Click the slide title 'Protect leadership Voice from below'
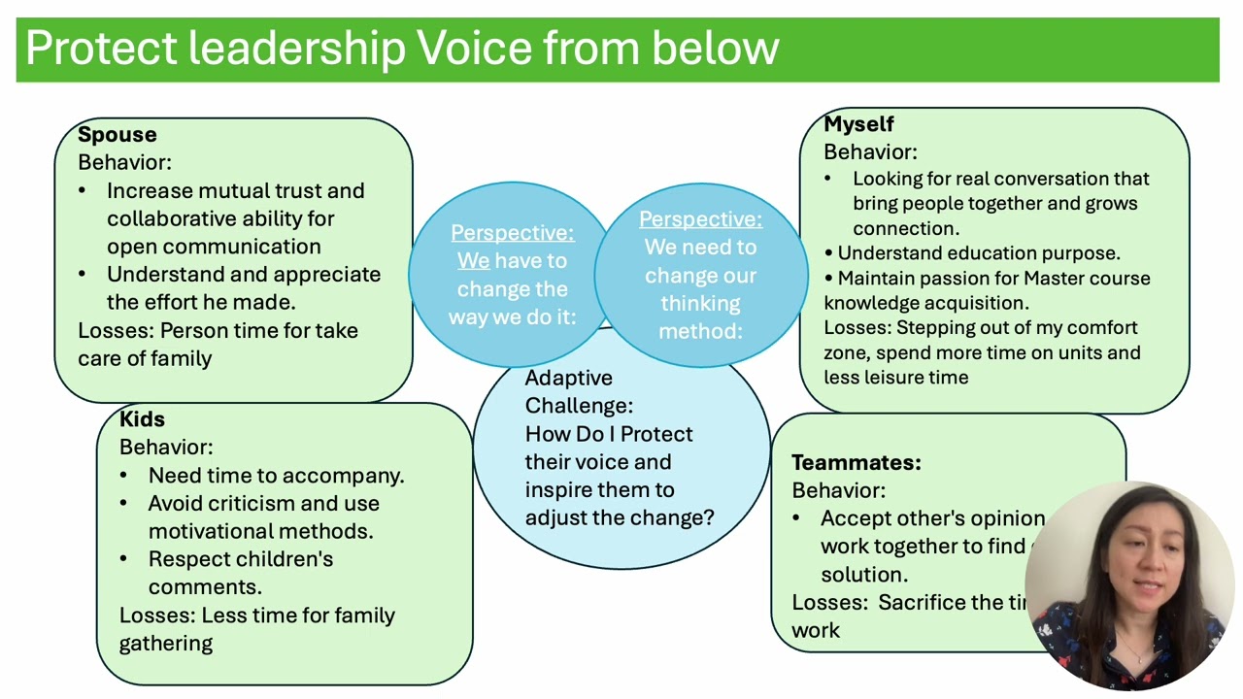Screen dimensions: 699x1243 point(402,49)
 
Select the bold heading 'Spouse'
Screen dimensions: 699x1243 point(117,135)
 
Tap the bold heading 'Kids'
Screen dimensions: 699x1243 point(142,419)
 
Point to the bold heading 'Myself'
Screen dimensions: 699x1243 point(858,124)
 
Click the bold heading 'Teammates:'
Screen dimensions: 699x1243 point(856,463)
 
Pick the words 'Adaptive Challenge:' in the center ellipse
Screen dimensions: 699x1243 point(579,391)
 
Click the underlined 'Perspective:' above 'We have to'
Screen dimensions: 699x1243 point(512,233)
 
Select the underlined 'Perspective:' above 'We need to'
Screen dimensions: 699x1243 point(700,219)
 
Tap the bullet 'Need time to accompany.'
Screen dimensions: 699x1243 point(276,476)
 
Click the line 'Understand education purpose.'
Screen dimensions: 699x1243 point(978,253)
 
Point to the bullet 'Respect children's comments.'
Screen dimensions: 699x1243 point(240,573)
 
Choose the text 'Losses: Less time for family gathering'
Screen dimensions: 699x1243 point(256,629)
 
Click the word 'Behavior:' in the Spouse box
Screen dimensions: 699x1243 point(124,162)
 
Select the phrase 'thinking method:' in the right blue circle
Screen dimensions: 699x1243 point(699,317)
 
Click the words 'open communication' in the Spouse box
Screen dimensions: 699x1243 point(214,247)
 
